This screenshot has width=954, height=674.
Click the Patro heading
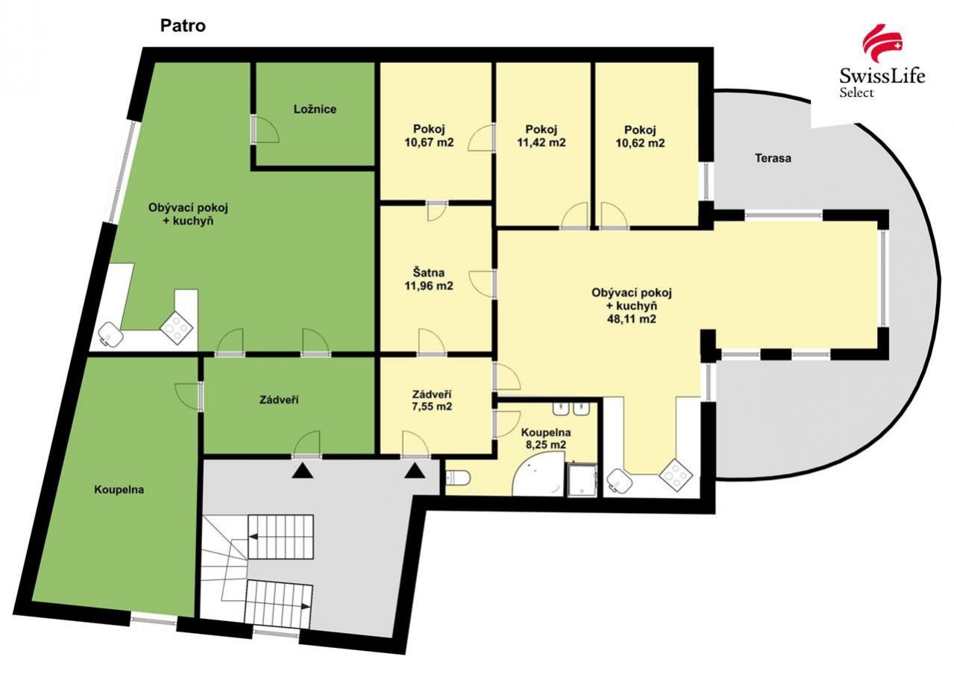pyautogui.click(x=183, y=26)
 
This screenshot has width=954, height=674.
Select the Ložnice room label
pyautogui.click(x=315, y=109)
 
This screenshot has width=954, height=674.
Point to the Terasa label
pyautogui.click(x=773, y=158)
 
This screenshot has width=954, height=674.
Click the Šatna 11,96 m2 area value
pyautogui.click(x=428, y=286)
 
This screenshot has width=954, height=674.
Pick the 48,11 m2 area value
pyautogui.click(x=632, y=318)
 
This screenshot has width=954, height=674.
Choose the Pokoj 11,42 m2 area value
pyautogui.click(x=542, y=142)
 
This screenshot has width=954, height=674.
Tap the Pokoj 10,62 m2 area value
pyautogui.click(x=640, y=142)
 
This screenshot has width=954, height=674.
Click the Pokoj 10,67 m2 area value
pyautogui.click(x=429, y=142)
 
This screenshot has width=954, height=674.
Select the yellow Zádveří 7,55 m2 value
pyautogui.click(x=432, y=406)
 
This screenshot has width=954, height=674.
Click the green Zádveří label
pyautogui.click(x=279, y=400)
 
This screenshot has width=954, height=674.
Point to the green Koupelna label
pyautogui.click(x=119, y=490)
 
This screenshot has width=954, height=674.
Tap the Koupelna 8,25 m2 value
pyautogui.click(x=545, y=445)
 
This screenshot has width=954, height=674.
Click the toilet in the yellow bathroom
pyautogui.click(x=458, y=478)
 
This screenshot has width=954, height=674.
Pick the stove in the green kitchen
pyautogui.click(x=176, y=328)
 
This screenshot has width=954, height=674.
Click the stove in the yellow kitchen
pyautogui.click(x=676, y=475)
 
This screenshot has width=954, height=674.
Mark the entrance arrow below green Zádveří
pyautogui.click(x=303, y=471)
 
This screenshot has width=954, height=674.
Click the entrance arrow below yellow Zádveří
pyautogui.click(x=415, y=471)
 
